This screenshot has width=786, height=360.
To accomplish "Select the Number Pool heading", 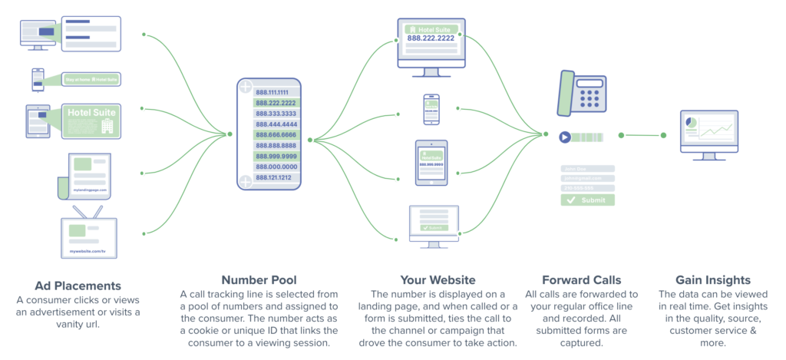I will click(260, 280).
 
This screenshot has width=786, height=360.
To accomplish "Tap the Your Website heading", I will click(438, 280).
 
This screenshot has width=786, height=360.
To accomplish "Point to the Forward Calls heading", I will click(581, 280).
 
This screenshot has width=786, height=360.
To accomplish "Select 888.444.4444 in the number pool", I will click(277, 124).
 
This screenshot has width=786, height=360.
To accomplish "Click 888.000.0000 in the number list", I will click(277, 166).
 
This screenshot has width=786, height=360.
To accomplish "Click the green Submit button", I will click(587, 200).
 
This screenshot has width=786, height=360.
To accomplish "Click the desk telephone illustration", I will click(584, 95).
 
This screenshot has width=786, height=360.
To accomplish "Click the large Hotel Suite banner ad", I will click(91, 121).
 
